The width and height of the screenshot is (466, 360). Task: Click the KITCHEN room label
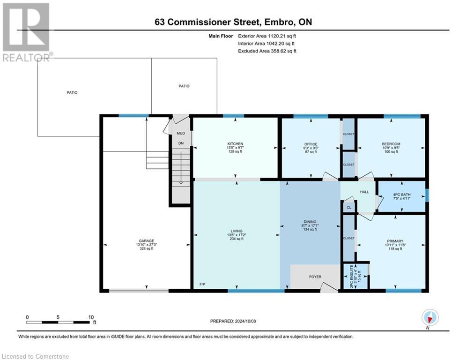(235, 144)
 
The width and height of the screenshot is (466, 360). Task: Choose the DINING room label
(310, 222)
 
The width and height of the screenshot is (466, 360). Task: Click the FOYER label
(315, 277)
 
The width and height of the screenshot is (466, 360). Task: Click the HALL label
(364, 192)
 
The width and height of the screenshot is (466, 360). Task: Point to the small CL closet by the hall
(349, 207)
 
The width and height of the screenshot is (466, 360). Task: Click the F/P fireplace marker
(202, 285)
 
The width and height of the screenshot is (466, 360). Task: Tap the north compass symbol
(429, 317)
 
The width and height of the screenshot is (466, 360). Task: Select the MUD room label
(180, 133)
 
